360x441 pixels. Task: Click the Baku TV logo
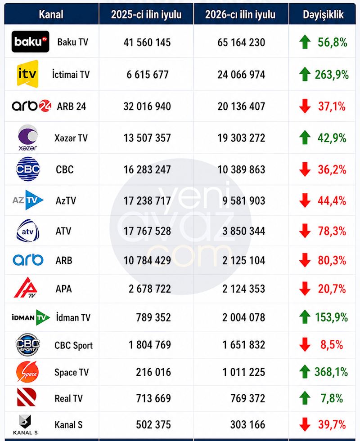(x=31, y=42)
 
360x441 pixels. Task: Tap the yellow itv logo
(x=27, y=74)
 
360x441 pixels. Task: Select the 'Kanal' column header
(x=51, y=14)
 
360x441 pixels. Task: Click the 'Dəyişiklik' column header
(x=323, y=15)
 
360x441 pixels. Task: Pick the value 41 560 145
(x=147, y=42)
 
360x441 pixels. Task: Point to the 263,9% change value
(x=332, y=75)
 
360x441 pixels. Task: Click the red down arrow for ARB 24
(x=305, y=106)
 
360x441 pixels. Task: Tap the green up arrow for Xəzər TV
(x=305, y=138)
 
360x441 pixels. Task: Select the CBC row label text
(x=64, y=169)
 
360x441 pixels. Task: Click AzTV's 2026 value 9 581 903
(x=244, y=201)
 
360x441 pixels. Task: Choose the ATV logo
(x=27, y=231)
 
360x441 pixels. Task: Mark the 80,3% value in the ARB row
(x=332, y=260)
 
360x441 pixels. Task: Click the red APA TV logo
(x=26, y=287)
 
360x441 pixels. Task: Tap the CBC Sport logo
(x=27, y=344)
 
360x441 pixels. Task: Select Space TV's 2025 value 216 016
(x=153, y=372)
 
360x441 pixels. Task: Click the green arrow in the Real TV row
(x=305, y=398)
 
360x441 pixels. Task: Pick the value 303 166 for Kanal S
(x=247, y=425)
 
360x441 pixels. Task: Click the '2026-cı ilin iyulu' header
(x=240, y=15)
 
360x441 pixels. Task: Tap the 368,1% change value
(x=331, y=372)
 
